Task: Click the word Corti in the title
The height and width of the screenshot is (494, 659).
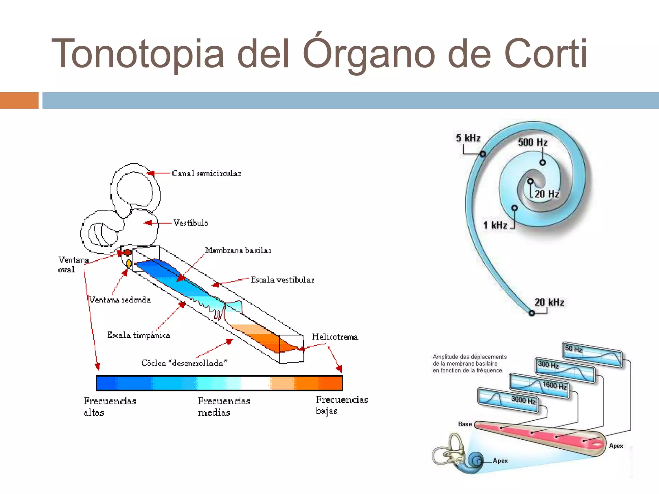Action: tap(546, 54)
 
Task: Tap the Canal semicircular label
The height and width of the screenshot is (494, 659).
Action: tap(206, 173)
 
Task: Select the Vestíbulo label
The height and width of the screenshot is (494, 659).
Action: tap(190, 223)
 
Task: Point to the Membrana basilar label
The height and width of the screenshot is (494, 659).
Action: tap(238, 250)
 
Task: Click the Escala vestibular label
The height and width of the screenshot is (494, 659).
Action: tap(282, 280)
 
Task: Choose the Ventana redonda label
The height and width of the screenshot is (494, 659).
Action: tap(120, 300)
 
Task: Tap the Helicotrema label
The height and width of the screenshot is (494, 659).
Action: tap(335, 337)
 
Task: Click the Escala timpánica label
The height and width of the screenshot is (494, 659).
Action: tap(139, 335)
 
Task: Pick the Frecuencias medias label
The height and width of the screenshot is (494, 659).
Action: tap(224, 407)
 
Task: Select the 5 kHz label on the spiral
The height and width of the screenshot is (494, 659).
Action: tap(468, 138)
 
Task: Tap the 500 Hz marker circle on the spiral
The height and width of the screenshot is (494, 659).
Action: tap(543, 162)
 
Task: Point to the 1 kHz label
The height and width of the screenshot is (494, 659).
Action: tap(495, 225)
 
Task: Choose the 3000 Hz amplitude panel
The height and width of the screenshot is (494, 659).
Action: tap(508, 400)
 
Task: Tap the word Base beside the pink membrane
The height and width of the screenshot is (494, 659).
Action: tap(465, 424)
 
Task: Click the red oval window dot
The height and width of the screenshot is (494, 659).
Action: tap(127, 252)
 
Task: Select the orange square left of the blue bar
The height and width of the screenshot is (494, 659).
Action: tap(19, 100)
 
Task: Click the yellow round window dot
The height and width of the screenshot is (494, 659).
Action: tap(129, 263)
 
